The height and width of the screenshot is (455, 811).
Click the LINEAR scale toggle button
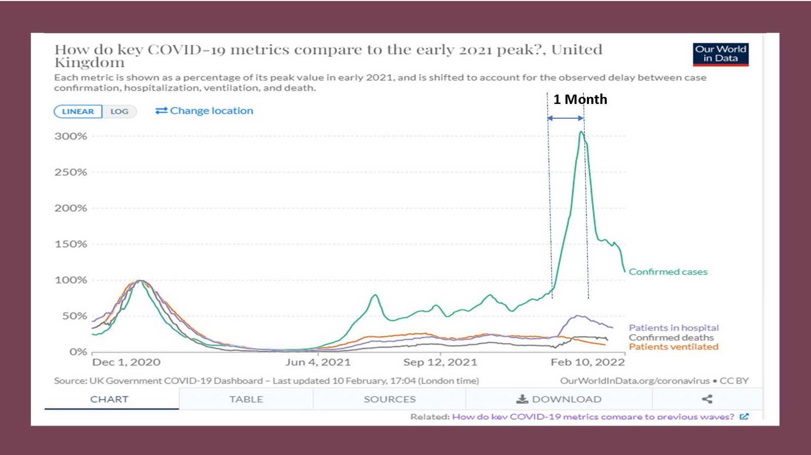pos(78,112)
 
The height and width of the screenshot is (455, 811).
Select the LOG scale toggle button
pos(120,112)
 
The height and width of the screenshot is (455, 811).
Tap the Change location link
pos(204,111)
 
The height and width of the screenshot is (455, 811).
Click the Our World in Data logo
pos(720,54)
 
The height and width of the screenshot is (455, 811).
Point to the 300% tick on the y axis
pos(71,136)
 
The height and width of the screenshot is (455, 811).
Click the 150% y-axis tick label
pos(71,244)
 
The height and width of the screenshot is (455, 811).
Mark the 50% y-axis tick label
pos(75,316)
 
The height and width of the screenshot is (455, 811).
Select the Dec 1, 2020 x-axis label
pos(126,362)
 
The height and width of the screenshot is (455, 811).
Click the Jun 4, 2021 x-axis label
pos(318,362)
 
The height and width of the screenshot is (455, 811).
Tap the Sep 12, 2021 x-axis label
pos(440,362)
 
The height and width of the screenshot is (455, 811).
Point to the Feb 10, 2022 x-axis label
pos(587,362)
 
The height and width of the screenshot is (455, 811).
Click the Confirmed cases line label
pos(668,272)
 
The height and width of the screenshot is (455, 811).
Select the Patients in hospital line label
pos(674,328)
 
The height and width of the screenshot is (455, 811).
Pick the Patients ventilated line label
pos(674,347)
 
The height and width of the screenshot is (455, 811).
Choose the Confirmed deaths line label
pos(671,338)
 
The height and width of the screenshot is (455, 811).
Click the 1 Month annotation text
pos(580,99)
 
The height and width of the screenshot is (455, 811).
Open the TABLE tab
pos(246,399)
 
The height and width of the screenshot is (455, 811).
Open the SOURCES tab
pos(389,399)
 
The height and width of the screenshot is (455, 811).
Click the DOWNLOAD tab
pos(559,399)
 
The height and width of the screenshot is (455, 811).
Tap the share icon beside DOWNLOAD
pos(707,399)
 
